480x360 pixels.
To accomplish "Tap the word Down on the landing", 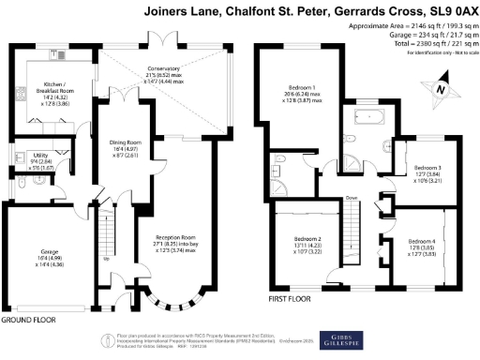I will [351, 199].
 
